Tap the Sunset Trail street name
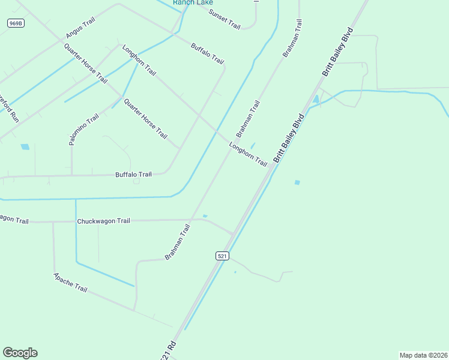[224, 19]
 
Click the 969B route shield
[16, 23]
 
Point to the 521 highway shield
[222, 256]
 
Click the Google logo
[20, 353]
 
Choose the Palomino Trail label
[83, 130]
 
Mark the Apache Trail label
[70, 282]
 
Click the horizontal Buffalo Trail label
[133, 175]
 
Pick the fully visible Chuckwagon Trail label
[103, 221]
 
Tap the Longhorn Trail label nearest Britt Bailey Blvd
[248, 154]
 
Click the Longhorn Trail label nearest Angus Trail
[139, 60]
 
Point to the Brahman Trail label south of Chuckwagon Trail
[178, 242]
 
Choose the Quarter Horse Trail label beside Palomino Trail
[145, 119]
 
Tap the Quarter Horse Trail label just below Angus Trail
[86, 63]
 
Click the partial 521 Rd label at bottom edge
[168, 351]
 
